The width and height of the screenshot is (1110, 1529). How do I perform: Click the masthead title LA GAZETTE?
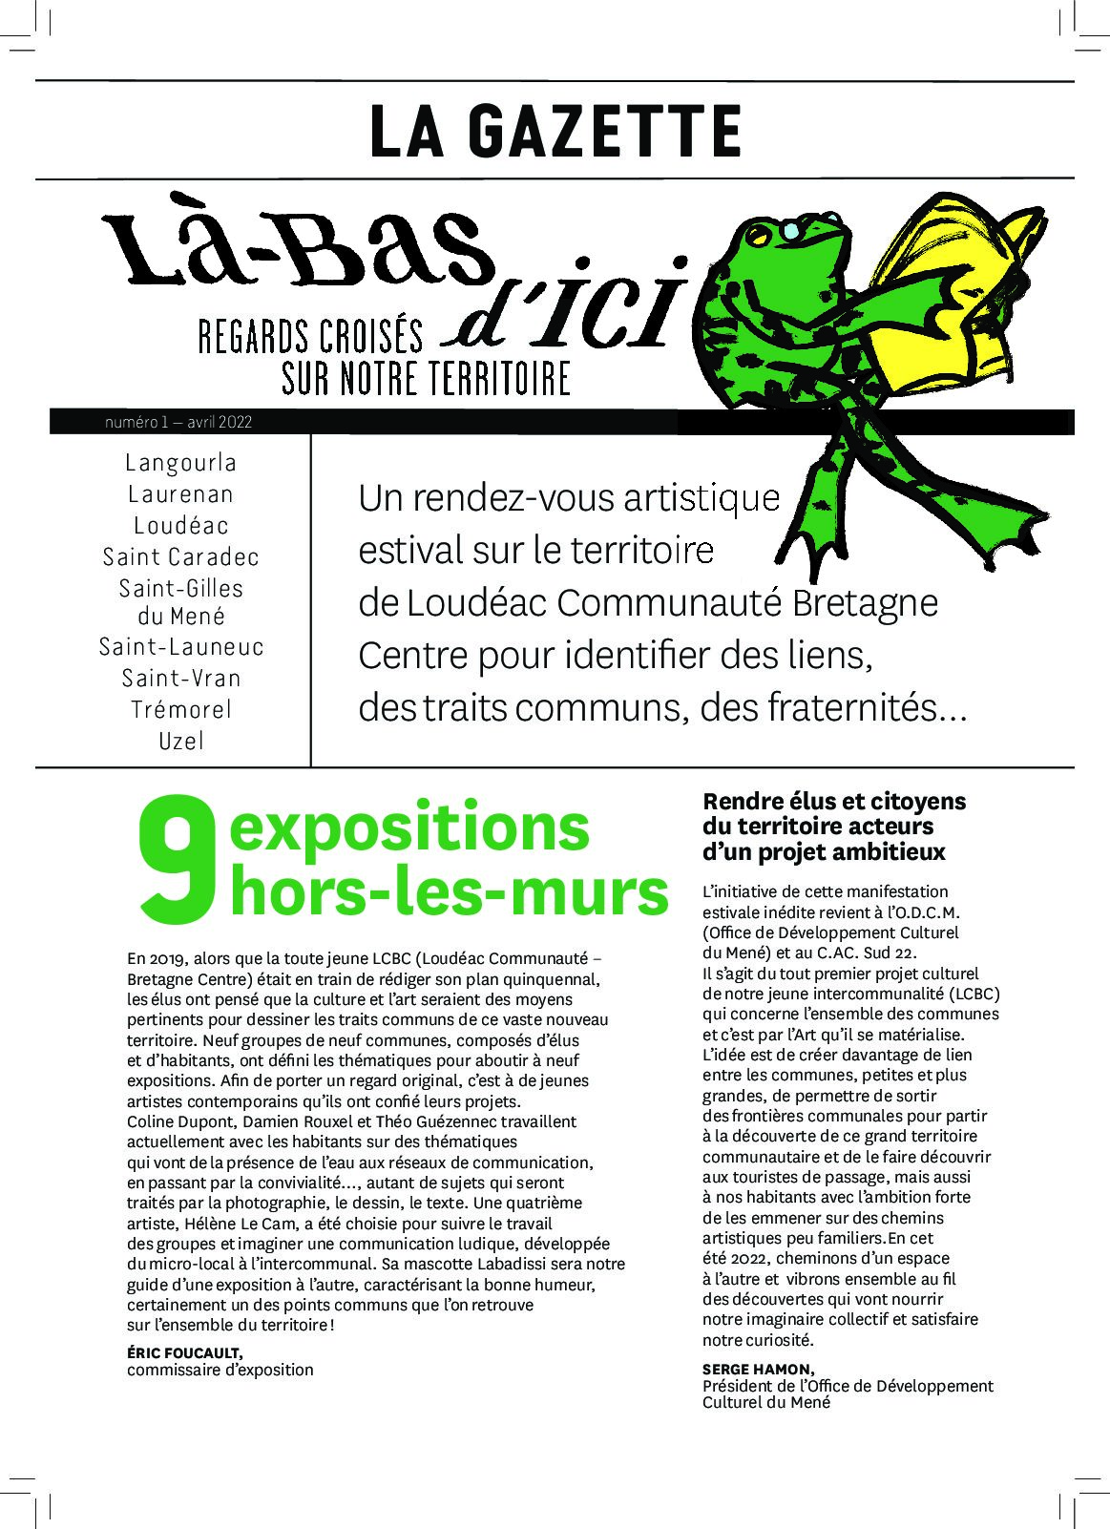555,132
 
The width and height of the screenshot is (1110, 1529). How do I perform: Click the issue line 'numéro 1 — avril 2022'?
179,422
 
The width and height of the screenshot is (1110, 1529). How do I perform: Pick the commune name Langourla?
180,463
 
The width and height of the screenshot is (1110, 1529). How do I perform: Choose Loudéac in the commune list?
180,525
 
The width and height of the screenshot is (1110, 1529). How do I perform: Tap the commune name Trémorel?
180,709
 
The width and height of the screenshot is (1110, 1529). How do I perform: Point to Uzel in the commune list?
180,740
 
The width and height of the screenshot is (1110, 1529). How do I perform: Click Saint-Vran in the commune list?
180,678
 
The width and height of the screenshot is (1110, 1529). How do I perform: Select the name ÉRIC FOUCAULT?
184,1353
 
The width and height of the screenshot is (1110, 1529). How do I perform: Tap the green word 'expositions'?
409,827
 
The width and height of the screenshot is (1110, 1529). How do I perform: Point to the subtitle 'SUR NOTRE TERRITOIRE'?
426,378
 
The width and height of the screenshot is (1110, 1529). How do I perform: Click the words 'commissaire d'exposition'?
220,1370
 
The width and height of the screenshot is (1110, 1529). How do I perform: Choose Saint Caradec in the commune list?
180,556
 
